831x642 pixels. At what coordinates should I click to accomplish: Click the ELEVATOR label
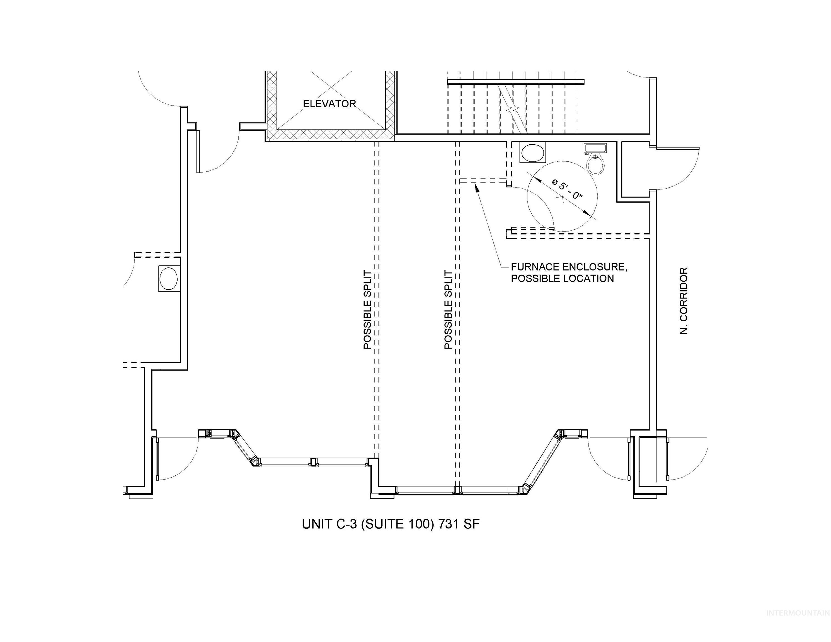point(329,104)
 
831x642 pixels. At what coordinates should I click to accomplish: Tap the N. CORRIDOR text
point(684,300)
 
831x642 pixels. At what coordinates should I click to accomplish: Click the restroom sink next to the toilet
point(595,148)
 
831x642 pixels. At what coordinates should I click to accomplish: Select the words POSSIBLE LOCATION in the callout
point(562,278)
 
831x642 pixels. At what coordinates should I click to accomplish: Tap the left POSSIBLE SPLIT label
point(367,310)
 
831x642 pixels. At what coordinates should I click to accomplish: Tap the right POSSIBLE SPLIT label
point(448,310)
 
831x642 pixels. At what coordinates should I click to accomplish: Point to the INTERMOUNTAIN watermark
point(798,624)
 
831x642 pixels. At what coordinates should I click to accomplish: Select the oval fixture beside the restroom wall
point(532,152)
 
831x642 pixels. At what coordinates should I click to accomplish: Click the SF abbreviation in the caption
point(471,524)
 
